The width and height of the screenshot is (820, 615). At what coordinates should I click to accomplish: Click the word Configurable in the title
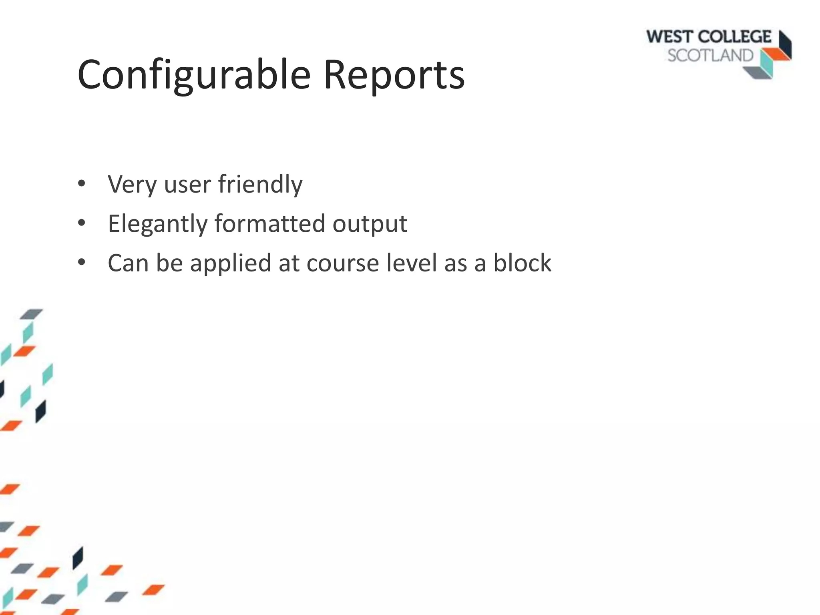click(x=194, y=75)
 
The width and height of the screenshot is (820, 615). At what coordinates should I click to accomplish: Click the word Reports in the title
click(x=394, y=75)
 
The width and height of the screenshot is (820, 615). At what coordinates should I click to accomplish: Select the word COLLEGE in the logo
click(x=736, y=37)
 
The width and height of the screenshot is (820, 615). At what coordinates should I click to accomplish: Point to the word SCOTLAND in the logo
click(x=710, y=56)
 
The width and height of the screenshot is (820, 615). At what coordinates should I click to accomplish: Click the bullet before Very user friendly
click(x=82, y=184)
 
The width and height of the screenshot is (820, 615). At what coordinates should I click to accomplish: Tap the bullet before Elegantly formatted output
click(x=82, y=223)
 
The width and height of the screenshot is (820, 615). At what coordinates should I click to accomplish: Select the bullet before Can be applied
click(x=82, y=262)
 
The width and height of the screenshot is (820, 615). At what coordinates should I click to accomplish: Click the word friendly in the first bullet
click(x=260, y=185)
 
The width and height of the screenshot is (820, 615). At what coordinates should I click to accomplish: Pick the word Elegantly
click(x=157, y=224)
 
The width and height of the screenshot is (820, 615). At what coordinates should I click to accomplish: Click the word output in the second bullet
click(x=370, y=224)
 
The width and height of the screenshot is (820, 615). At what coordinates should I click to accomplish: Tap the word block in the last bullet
click(x=522, y=263)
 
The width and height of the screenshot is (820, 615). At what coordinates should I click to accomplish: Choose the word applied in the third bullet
click(x=231, y=264)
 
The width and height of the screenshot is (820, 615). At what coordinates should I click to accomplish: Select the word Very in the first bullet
click(x=132, y=185)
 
